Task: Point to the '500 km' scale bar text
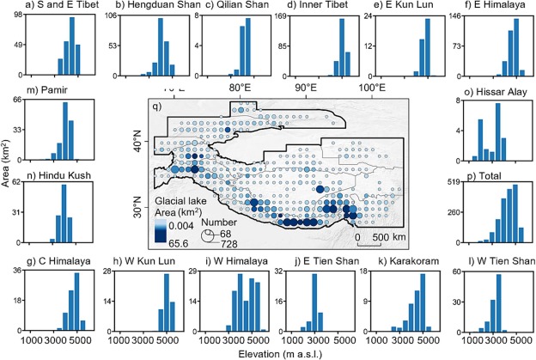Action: [393, 235]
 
